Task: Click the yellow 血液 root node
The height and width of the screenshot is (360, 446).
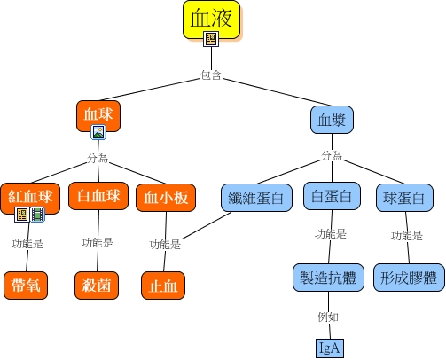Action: coord(211,20)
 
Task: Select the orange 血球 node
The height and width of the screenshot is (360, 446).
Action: coord(98,116)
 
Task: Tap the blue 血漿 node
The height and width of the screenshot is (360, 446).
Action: coord(332,120)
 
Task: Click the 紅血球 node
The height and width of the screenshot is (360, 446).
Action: coord(30,198)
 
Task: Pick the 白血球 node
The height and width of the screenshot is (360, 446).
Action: coord(98,196)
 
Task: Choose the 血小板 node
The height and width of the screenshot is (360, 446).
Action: coord(166,198)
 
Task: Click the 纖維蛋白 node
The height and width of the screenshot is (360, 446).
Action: coord(256,198)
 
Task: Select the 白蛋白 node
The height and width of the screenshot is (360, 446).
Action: coord(332,196)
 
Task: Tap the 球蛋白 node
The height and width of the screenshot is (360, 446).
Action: coord(404,198)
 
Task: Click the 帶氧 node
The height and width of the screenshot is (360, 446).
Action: coord(26,286)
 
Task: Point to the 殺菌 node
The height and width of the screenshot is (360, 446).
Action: coord(97,286)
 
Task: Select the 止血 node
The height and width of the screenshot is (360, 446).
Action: coord(163,286)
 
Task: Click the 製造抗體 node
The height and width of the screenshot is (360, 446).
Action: coord(328,278)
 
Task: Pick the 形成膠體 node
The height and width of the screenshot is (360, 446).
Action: coord(409,278)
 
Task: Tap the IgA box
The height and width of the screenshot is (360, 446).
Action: coord(330,348)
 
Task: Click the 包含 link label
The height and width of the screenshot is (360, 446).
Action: coord(211,74)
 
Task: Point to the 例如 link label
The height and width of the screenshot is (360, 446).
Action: coord(328,317)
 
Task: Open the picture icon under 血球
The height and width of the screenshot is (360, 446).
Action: coord(98,132)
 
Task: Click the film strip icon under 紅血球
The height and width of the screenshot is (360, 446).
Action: coord(37,215)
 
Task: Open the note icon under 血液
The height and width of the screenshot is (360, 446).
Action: coord(211,39)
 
